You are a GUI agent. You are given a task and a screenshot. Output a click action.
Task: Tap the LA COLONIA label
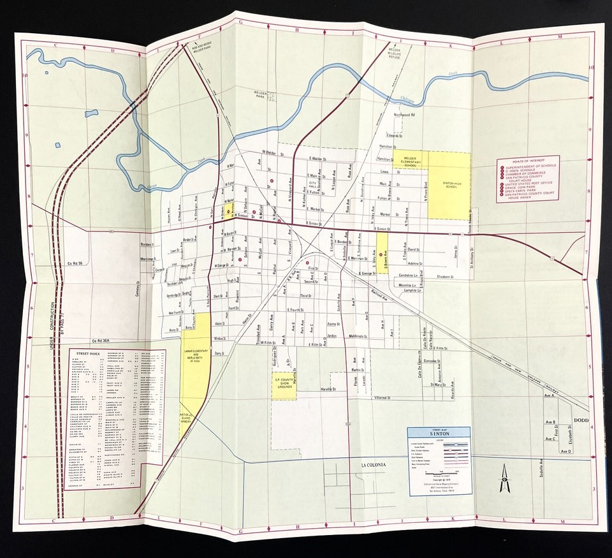374,465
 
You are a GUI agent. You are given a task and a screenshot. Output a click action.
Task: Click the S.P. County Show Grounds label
284,383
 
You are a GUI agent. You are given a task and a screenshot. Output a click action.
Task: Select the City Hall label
313,186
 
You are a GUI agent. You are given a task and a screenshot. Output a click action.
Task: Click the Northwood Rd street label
404,115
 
